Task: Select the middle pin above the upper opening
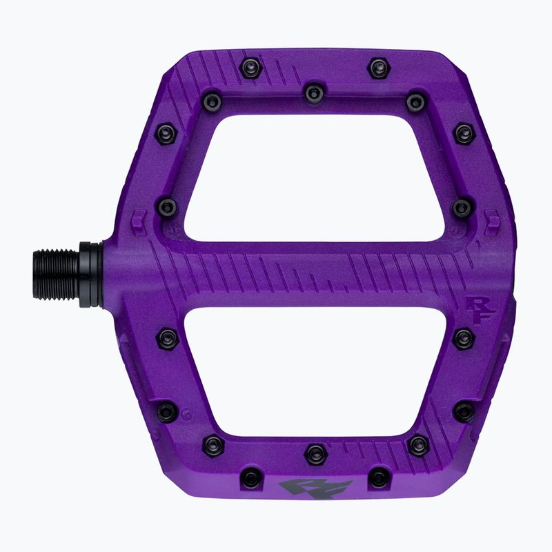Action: pos(314,91)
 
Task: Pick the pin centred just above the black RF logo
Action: pos(315,453)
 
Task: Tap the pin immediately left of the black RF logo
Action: pos(250,477)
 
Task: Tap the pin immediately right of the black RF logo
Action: pos(378,477)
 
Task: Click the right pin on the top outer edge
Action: pos(378,67)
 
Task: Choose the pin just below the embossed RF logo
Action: pos(463,338)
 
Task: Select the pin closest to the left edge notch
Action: pos(167,206)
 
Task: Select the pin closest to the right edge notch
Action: pos(462,206)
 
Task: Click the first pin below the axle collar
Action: pos(167,337)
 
